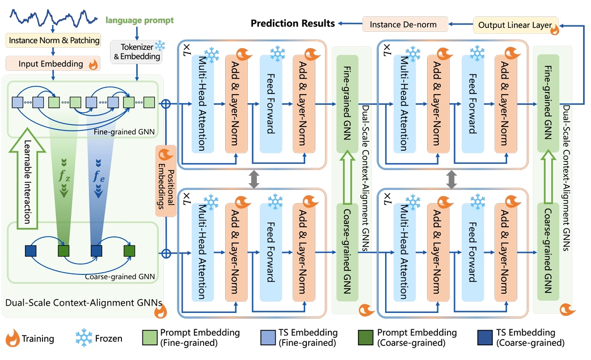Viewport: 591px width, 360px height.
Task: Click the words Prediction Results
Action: (293, 23)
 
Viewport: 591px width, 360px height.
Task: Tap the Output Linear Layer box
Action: (515, 25)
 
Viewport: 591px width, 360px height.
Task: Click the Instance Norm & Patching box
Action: (54, 40)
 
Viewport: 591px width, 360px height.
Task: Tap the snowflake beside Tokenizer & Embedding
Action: (161, 45)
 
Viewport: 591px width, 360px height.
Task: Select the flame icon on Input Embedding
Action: (93, 64)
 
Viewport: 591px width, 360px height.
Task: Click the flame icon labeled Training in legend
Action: (12, 338)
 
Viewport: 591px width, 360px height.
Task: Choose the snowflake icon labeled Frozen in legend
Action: (84, 338)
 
